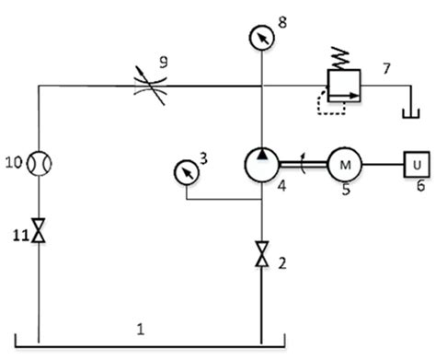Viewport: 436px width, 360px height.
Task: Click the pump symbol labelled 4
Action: (262, 165)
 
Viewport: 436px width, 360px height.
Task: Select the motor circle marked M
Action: (346, 165)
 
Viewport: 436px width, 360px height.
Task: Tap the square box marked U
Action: (416, 165)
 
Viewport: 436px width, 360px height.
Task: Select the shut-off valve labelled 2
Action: (262, 250)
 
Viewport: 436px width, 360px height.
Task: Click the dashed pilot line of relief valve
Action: (329, 104)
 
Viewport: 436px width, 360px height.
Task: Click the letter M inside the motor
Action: (346, 165)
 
